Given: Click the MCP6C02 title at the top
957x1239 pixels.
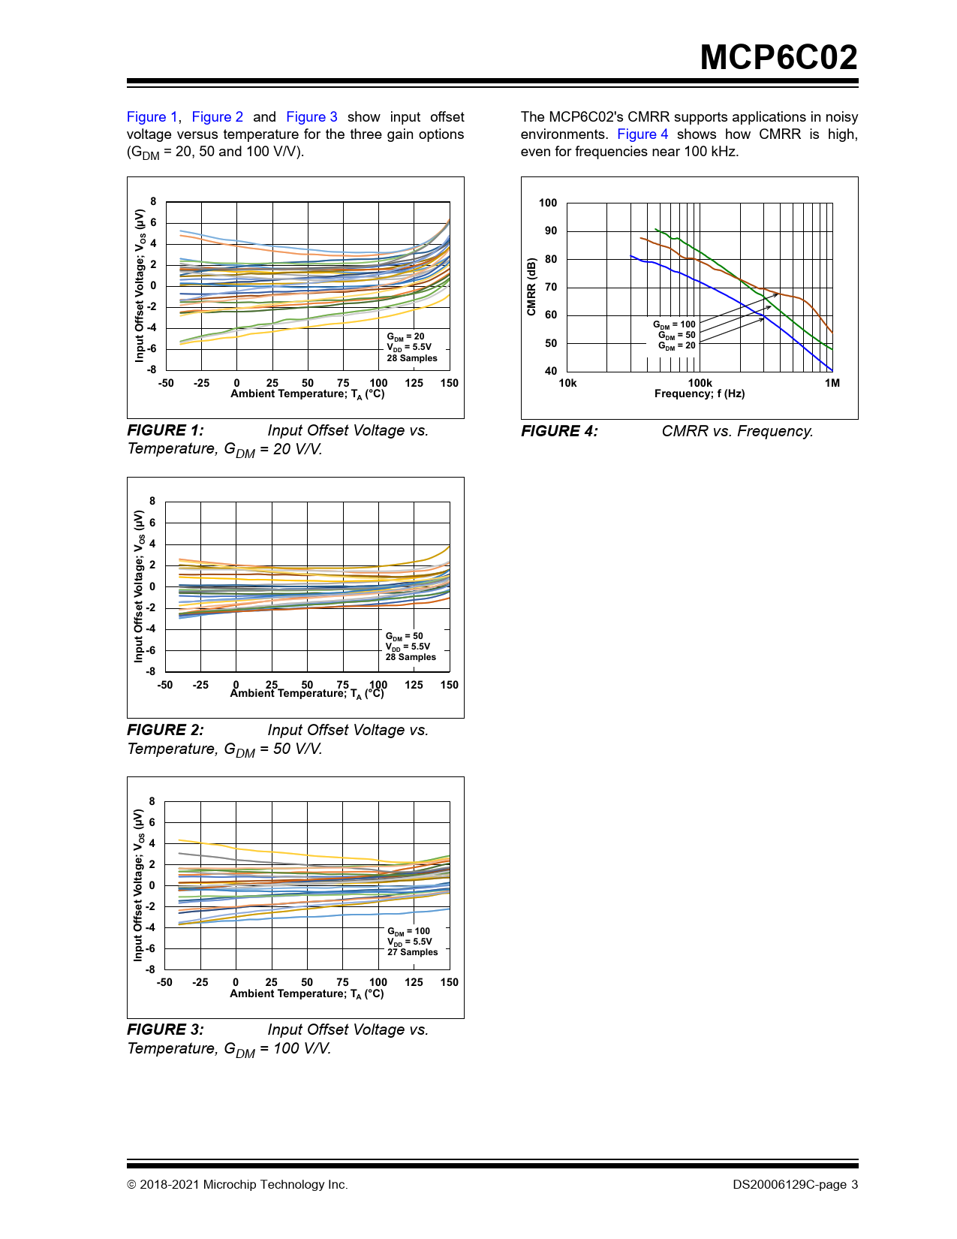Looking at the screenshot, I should coord(778,58).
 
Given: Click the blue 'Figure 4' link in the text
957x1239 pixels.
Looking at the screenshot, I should coord(643,134).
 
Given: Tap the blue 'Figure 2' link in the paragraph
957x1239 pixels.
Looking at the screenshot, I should coord(217,117).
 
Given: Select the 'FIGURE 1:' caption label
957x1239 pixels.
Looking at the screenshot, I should coord(165,430).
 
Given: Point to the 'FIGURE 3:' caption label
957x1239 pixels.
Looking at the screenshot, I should coord(165,1029).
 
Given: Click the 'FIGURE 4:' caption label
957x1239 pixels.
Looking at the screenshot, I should coord(559,431).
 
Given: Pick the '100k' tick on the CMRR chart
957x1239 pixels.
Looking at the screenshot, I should coord(700,383).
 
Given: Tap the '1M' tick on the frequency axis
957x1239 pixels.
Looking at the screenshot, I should coord(832,383).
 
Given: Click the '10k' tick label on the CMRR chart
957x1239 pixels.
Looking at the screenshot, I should coord(567,383).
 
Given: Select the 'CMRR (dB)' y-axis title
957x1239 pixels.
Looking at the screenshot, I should coord(531,287).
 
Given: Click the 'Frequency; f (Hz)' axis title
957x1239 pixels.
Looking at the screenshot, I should coord(700,394).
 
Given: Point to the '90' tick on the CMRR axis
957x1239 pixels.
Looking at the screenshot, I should coord(551,231).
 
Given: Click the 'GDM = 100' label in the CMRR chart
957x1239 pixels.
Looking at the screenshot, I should coord(674,324).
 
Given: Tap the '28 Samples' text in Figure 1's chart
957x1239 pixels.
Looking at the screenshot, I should coord(411,358).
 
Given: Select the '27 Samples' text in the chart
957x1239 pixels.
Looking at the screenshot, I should coord(412,952).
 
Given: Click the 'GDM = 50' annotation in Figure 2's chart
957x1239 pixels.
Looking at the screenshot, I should coord(404,636).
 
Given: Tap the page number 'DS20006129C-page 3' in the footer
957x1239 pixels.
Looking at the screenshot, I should coord(795,1185).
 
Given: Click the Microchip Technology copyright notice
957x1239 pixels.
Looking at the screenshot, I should coord(237,1185).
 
